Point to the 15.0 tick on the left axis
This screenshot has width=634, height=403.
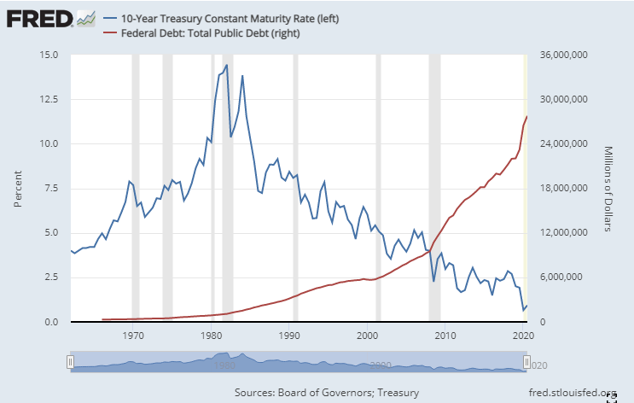[x=49, y=55]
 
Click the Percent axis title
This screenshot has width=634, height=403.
[x=18, y=189]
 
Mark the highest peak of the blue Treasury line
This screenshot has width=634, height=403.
[x=226, y=65]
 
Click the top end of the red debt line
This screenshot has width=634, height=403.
[x=527, y=116]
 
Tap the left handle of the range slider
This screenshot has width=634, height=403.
[x=71, y=362]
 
